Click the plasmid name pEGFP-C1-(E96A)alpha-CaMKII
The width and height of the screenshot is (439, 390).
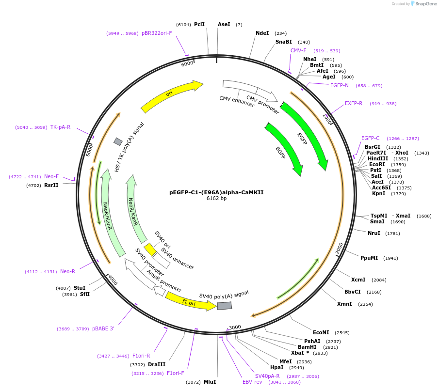(216, 192)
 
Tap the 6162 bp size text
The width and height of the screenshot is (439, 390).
(216, 198)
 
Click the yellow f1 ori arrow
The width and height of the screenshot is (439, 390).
(190, 302)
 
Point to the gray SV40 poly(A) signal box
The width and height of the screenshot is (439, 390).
(225, 306)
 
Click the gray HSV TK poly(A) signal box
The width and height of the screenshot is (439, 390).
(118, 141)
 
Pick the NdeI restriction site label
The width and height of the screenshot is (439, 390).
(262, 33)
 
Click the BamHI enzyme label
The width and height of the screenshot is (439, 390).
(307, 347)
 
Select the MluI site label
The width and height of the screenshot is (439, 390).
(210, 382)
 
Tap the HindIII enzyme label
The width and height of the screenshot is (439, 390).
(378, 158)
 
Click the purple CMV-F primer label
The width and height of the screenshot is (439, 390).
(298, 50)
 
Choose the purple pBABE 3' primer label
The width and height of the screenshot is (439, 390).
(103, 328)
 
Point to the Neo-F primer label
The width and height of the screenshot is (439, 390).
(51, 176)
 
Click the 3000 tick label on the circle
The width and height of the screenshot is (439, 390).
(235, 327)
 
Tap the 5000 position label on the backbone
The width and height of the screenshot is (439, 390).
(89, 150)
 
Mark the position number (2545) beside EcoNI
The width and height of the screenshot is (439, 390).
(342, 333)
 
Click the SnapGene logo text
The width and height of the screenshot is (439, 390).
(426, 4)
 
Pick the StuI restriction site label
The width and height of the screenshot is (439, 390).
(80, 288)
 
